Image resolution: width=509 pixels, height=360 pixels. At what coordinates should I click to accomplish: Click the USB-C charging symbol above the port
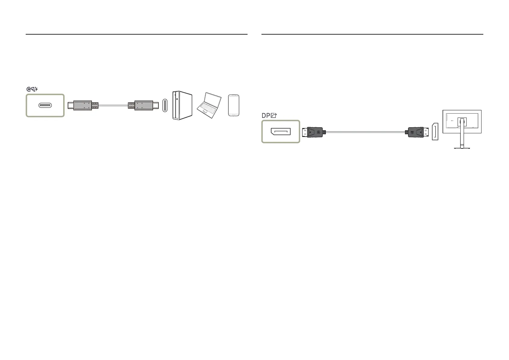coord(32,89)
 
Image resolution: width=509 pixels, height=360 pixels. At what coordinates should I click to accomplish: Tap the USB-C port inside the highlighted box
coord(45,105)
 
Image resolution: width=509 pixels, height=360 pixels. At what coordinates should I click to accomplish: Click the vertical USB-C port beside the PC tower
coord(165,105)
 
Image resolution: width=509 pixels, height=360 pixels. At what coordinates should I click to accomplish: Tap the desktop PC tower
coord(182,105)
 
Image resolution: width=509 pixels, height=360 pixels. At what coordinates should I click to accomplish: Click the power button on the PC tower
coord(177,99)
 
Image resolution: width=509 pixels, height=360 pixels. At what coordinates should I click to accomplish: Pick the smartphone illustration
coord(234,105)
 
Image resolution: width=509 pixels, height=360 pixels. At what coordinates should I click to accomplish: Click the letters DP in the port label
coord(266,115)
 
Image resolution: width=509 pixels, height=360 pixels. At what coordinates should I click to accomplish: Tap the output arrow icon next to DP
coord(274,115)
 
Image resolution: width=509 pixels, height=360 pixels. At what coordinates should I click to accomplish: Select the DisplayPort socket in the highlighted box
coord(280,131)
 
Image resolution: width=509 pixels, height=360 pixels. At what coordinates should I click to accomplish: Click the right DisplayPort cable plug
coord(417,132)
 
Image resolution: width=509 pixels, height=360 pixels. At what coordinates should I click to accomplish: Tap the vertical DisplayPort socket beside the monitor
coord(435,132)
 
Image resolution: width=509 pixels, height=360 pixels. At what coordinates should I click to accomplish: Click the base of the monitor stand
coord(462,148)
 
